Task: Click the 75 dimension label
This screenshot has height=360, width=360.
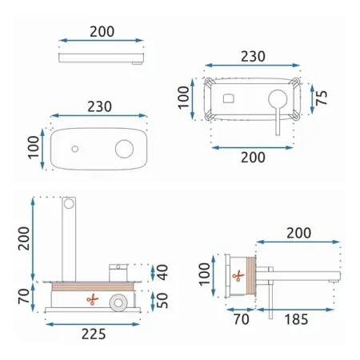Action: click(322, 98)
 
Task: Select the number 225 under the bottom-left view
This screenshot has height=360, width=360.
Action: click(94, 334)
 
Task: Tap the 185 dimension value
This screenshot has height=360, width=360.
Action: click(296, 319)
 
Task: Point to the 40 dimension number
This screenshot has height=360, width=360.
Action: click(162, 272)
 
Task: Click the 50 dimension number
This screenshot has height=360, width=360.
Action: click(162, 301)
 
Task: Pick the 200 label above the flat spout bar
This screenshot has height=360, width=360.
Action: click(102, 32)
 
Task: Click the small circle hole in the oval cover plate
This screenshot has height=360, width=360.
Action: click(75, 149)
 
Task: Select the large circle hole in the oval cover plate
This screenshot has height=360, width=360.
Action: click(124, 149)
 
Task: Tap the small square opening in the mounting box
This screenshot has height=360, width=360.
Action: click(229, 98)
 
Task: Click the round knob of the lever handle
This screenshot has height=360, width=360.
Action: click(278, 99)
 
